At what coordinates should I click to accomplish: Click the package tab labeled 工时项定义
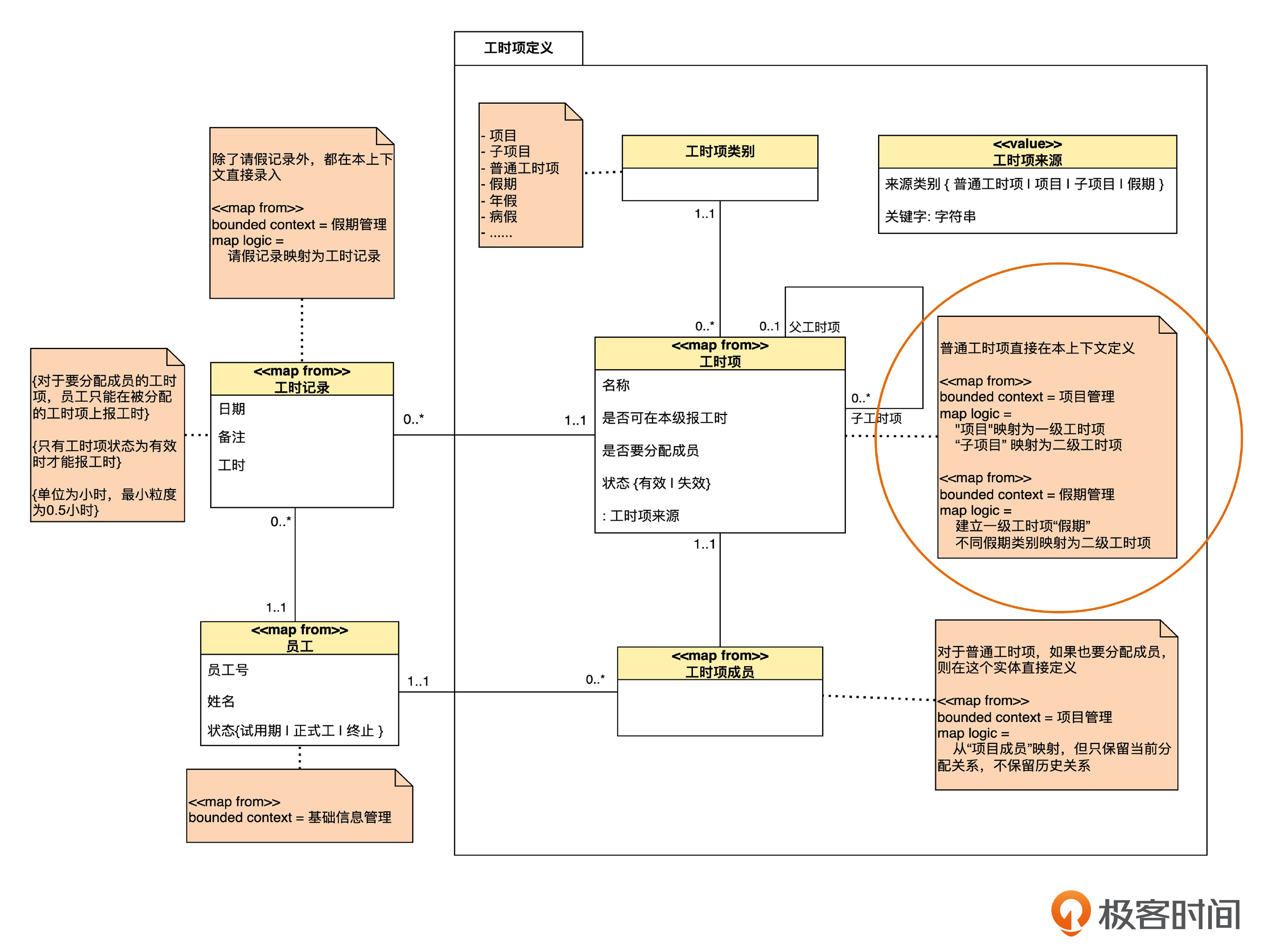[x=518, y=48]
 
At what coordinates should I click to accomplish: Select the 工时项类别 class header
[x=720, y=152]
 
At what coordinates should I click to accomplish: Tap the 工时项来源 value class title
[x=1027, y=160]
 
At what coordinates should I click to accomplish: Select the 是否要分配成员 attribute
[x=650, y=450]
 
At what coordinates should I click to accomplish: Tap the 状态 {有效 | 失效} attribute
[x=656, y=483]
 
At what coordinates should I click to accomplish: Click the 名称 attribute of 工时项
[x=616, y=385]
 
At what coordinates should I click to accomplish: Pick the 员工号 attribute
[x=228, y=670]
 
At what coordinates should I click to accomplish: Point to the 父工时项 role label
[x=814, y=327]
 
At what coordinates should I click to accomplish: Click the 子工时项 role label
[x=875, y=419]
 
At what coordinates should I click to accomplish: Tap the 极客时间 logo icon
[x=1070, y=912]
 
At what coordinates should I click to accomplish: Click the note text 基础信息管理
[x=350, y=817]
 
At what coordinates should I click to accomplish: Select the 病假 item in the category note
[x=503, y=217]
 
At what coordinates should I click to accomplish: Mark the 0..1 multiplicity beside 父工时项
[x=769, y=326]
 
